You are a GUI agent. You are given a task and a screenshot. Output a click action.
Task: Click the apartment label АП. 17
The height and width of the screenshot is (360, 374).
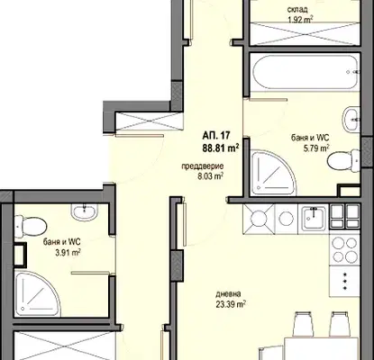click(x=216, y=136)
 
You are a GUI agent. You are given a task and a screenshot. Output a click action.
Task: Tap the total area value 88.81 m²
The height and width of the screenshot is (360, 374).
click(x=221, y=148)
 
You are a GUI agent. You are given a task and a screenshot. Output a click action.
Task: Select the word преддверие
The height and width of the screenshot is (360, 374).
click(x=203, y=166)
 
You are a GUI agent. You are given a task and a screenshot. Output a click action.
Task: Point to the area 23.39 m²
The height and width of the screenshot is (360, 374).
click(x=231, y=304)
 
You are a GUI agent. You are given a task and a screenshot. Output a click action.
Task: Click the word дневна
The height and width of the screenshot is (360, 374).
click(x=228, y=294)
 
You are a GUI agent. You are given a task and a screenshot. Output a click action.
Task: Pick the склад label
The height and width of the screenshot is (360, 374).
click(x=297, y=10)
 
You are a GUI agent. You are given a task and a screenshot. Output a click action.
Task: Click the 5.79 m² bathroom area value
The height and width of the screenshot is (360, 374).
click(x=316, y=148)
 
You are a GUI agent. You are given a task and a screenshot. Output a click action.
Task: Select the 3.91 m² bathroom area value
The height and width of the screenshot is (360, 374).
click(x=68, y=253)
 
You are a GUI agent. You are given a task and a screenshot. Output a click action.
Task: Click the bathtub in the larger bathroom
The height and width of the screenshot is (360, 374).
click(x=305, y=72)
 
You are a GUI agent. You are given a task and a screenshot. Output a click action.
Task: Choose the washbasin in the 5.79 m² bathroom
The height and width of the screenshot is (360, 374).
click(x=351, y=119)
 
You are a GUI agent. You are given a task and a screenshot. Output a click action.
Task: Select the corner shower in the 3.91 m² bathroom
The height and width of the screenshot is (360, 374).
click(x=37, y=293)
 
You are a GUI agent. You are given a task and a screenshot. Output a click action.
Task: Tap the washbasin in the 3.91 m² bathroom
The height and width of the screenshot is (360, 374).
click(x=85, y=211)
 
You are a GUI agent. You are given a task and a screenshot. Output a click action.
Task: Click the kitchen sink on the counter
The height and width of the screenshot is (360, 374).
click(x=314, y=218)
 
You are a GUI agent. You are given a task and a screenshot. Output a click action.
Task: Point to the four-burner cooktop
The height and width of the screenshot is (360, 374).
click(x=344, y=249)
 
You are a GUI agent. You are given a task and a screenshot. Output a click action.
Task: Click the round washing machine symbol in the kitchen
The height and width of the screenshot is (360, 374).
click(x=287, y=218)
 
